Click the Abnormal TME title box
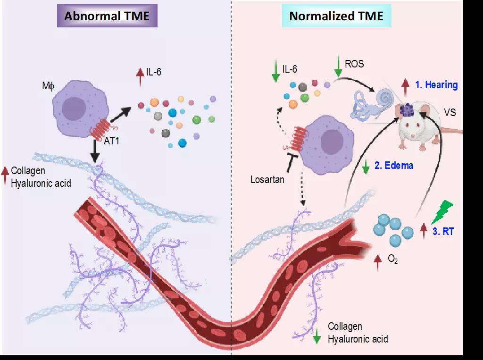107,17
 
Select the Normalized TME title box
336,17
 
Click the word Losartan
267,179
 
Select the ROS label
354,64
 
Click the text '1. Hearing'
436,85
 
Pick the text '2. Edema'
394,166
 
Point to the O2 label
392,259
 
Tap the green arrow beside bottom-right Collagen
317,334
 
